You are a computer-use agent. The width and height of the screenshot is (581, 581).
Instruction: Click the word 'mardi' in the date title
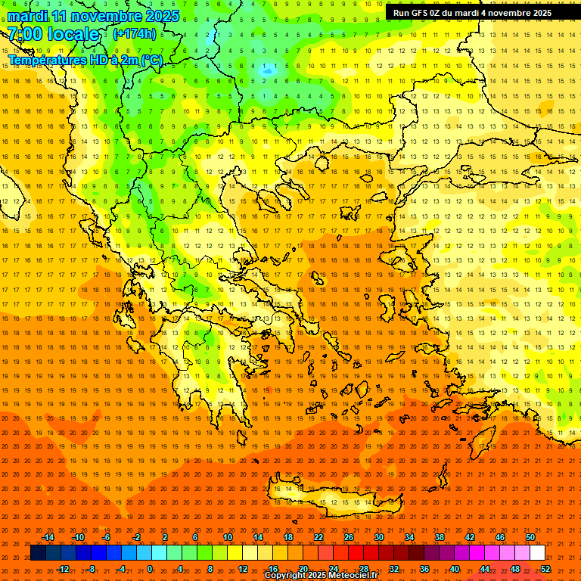coord(27,16)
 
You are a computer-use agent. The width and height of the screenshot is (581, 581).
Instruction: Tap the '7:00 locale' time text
coord(53,34)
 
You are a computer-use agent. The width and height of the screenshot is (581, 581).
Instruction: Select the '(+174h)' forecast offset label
coord(134,34)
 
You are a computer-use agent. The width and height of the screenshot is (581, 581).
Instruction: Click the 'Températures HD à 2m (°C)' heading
coord(85,60)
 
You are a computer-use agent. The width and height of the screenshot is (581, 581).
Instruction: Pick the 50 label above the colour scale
coord(530,537)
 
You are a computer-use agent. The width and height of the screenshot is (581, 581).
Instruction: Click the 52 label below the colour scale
coord(545,569)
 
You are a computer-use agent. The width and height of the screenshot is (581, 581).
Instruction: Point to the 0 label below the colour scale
coord(150,569)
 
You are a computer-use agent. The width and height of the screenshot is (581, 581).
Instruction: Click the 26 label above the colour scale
coord(349,537)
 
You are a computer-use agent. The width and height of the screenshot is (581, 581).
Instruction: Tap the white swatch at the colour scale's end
coord(538,553)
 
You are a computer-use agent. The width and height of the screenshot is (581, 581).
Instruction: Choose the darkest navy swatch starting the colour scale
coord(39,553)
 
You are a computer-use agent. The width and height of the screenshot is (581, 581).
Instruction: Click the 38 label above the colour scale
coord(440,537)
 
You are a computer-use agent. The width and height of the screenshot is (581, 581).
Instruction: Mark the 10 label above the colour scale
coord(228,537)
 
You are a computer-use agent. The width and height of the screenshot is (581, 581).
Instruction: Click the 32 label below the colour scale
coord(394,569)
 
